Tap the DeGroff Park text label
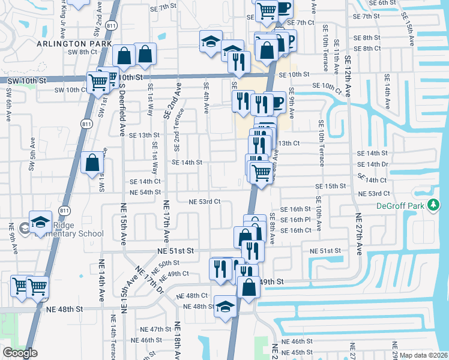408,206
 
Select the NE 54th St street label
145,192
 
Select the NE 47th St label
155,329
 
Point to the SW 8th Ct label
82,52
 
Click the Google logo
20,353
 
